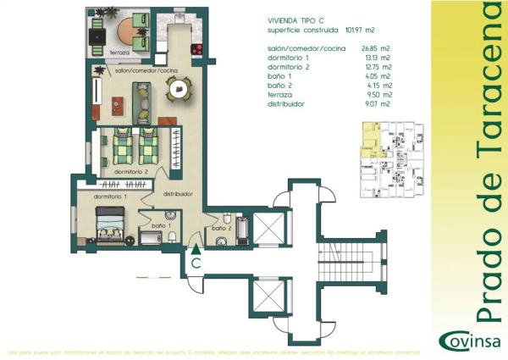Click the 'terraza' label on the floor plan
click(120, 53)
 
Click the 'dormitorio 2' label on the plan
click(132, 172)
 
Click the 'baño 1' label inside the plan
click(162, 226)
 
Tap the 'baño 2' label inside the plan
click(222, 228)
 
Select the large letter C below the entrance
click(196, 263)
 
